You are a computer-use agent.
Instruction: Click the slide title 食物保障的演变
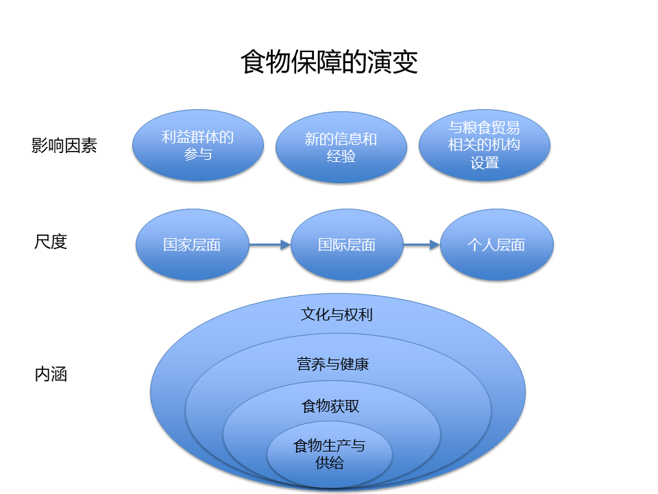click(329, 62)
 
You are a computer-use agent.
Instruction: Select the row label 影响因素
click(64, 145)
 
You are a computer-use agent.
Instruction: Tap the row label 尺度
click(51, 242)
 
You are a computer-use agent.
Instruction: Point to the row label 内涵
click(51, 375)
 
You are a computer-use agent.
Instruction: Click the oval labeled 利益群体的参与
click(197, 145)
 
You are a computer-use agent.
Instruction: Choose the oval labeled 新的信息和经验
click(341, 148)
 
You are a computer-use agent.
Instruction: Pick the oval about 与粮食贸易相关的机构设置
click(484, 145)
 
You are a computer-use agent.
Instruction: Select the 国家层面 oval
click(192, 245)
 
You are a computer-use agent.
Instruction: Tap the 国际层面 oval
click(346, 245)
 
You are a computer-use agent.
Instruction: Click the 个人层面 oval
click(496, 245)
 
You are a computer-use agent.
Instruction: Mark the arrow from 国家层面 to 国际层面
click(269, 245)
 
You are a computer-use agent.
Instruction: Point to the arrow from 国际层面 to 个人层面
click(421, 245)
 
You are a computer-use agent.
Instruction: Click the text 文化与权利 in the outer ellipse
click(337, 315)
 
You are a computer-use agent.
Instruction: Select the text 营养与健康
click(333, 364)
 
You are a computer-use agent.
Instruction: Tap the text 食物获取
click(330, 406)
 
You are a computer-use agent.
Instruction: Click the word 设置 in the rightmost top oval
click(484, 163)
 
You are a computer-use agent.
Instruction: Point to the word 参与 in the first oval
click(197, 154)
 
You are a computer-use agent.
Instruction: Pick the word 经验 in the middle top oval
click(341, 156)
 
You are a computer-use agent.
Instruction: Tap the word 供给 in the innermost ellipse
click(330, 463)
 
